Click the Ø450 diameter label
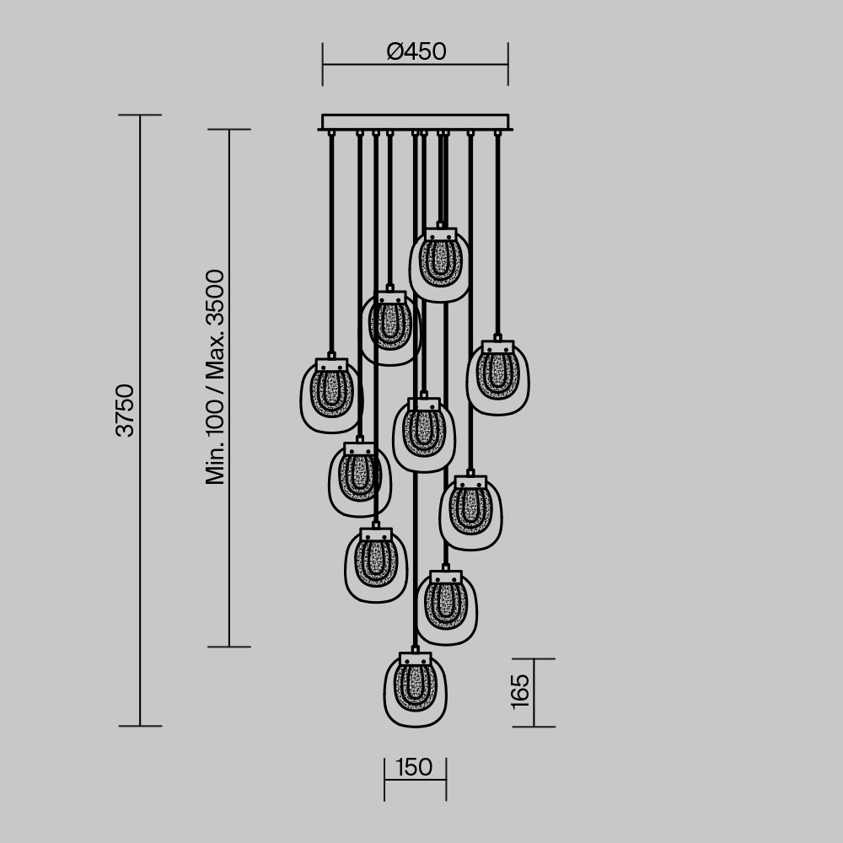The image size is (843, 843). (x=416, y=52)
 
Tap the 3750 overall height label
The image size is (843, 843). (x=126, y=411)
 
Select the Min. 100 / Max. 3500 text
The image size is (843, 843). (x=216, y=377)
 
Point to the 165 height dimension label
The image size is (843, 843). (x=520, y=690)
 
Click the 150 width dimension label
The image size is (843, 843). (x=413, y=768)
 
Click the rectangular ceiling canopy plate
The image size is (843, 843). (x=415, y=122)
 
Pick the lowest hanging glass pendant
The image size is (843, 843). (x=415, y=691)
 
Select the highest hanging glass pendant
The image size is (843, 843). (x=439, y=266)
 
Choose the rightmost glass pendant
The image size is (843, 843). (x=498, y=378)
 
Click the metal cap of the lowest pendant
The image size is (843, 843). (x=415, y=658)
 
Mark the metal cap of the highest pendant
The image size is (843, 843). (x=440, y=234)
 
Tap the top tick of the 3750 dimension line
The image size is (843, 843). (x=140, y=115)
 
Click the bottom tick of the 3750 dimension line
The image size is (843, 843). (x=140, y=726)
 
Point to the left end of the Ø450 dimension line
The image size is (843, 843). (x=323, y=64)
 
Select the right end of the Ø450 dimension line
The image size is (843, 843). (x=507, y=64)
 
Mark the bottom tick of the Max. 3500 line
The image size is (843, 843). (x=229, y=647)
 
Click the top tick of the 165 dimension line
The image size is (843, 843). (x=534, y=659)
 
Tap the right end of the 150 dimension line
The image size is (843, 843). (x=446, y=780)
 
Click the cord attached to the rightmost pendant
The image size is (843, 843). (x=497, y=236)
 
